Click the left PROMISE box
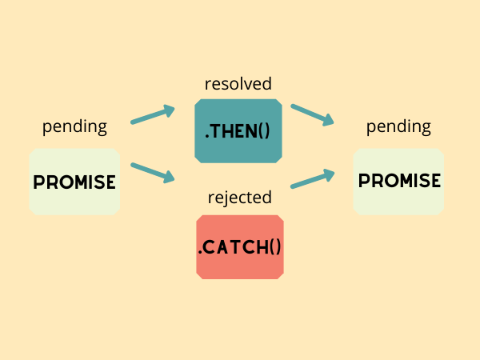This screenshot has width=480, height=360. tap(74, 182)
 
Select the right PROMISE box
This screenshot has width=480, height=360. tap(398, 182)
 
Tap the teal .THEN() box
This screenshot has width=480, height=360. tap(238, 130)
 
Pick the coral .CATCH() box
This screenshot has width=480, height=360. tap(239, 246)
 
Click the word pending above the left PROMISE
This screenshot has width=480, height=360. tap(74, 126)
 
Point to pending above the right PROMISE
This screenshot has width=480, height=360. tap(398, 126)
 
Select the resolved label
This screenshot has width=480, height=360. tap(238, 83)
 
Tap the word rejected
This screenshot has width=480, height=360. tap(239, 197)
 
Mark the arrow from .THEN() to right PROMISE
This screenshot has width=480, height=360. tap(312, 114)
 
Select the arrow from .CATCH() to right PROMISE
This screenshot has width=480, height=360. tap(312, 178)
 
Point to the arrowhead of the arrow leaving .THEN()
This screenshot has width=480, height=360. tap(328, 121)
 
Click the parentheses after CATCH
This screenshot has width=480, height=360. tap(273, 247)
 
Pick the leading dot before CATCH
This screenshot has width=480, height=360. tap(200, 253)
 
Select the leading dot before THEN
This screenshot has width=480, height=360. tap(208, 136)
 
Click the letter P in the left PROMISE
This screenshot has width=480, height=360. tap(38, 182)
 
